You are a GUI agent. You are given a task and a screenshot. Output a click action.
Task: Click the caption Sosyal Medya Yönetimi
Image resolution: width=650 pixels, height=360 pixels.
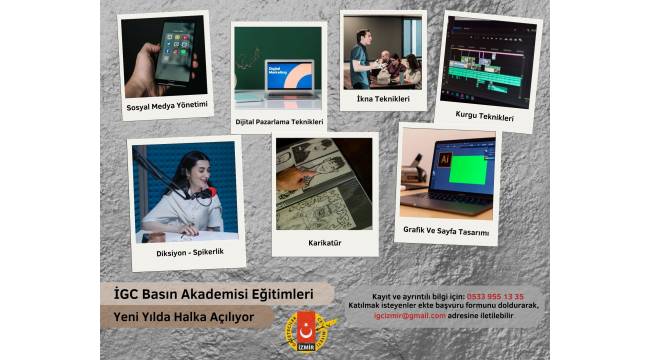(167, 105)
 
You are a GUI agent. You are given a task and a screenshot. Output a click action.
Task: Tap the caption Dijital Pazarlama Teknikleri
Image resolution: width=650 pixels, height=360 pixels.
(279, 122)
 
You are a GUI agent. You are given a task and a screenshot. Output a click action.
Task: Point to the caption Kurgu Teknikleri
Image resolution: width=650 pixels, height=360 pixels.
(484, 117)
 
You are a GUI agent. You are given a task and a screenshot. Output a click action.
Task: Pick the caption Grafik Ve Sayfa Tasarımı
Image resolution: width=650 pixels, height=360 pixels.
(446, 232)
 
